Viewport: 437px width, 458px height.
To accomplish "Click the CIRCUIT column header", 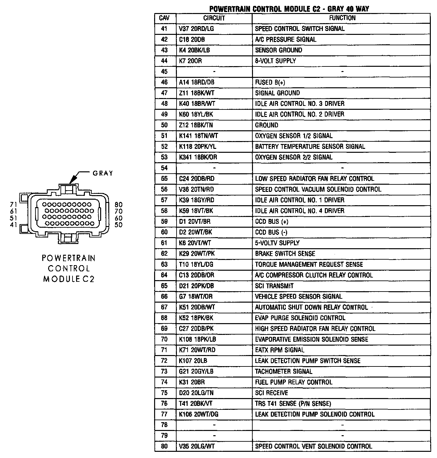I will pos(214,18).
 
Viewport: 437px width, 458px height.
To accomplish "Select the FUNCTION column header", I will pos(342,18).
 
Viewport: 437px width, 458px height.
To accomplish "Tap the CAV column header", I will pos(164,18).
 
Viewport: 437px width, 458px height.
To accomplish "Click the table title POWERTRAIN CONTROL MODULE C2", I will pos(289,9).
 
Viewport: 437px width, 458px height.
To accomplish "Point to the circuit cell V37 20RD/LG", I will pos(196,29).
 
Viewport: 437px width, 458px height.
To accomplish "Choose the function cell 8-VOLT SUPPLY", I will pos(275,61).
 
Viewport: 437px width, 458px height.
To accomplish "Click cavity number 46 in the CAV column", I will pos(164,82).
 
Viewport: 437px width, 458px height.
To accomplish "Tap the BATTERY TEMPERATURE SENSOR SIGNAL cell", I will pos(310,147).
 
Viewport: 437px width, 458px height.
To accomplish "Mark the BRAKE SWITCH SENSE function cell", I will pos(285,254).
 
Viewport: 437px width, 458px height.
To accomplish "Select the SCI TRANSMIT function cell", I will pos(274,286).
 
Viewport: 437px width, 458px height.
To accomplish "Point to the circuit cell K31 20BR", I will pos(192,382).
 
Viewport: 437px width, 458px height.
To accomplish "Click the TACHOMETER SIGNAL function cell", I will pos(284,371).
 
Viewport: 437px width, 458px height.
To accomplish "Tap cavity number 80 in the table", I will pos(164,446).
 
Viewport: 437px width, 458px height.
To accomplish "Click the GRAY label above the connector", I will pos(103,173).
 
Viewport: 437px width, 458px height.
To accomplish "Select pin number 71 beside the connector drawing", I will pos(13,205).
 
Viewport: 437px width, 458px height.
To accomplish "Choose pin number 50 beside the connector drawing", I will pos(119,225).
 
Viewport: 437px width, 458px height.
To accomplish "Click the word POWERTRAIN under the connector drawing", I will pos(69,258).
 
